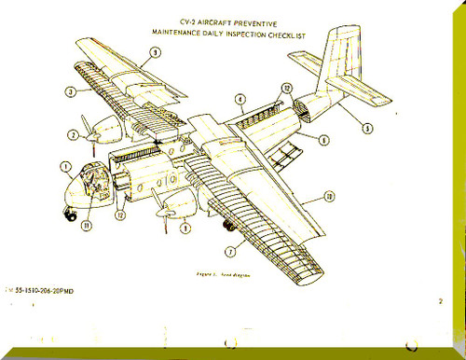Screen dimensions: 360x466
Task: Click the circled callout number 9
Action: tap(154, 52)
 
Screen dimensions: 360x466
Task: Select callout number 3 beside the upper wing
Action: tap(70, 91)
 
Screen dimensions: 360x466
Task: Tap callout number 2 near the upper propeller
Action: tap(73, 134)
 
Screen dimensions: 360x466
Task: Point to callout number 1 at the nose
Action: tap(65, 169)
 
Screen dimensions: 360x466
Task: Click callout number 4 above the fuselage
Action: tap(240, 99)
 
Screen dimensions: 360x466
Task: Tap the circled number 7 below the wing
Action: tap(231, 249)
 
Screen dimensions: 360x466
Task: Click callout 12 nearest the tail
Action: tap(286, 89)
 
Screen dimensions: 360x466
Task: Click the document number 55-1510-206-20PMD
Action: tap(54, 293)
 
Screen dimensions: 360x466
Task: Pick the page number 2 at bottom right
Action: tap(440, 301)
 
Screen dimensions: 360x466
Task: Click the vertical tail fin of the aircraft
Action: tap(343, 61)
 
